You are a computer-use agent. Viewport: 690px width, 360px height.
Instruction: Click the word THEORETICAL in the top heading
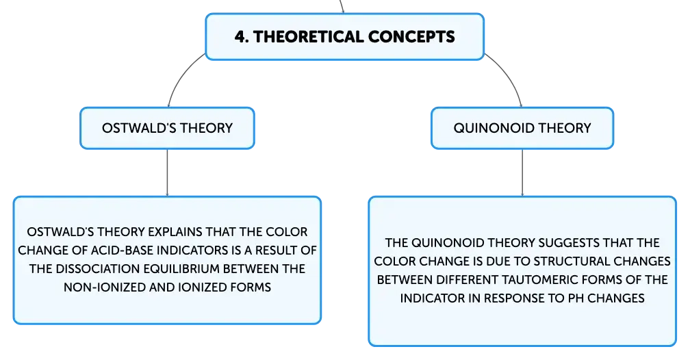pos(307,36)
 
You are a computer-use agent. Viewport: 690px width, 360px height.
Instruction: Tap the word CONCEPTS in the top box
pos(411,36)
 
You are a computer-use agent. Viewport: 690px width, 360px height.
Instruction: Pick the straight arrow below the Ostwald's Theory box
pos(167,172)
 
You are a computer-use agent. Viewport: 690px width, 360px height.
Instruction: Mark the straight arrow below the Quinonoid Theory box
pos(522,172)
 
